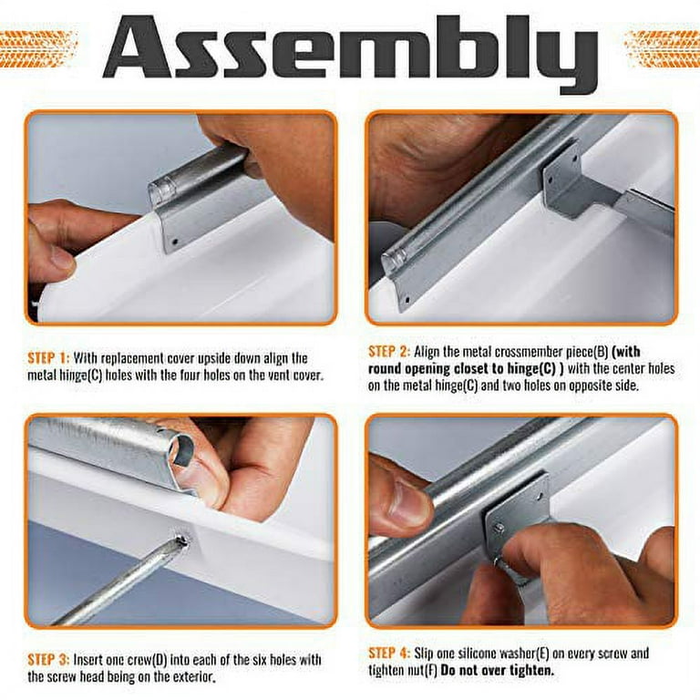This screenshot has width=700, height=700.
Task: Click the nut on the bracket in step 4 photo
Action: (499, 528)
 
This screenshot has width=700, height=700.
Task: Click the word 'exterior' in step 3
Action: (197, 677)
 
